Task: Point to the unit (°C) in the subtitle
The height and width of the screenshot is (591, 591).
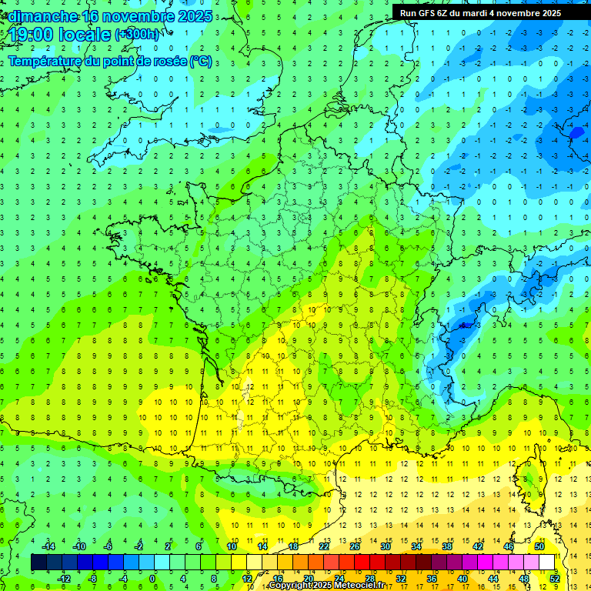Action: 201,61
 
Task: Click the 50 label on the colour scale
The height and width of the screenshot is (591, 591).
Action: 539,546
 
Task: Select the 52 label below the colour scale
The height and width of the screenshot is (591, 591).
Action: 555,578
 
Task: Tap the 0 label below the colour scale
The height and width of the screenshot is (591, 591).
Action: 152,578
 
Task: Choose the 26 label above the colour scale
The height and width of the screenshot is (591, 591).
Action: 355,546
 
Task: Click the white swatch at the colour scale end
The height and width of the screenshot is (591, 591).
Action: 546,563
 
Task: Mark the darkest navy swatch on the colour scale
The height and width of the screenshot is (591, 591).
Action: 38,563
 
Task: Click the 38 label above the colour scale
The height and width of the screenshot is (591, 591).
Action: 447,546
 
